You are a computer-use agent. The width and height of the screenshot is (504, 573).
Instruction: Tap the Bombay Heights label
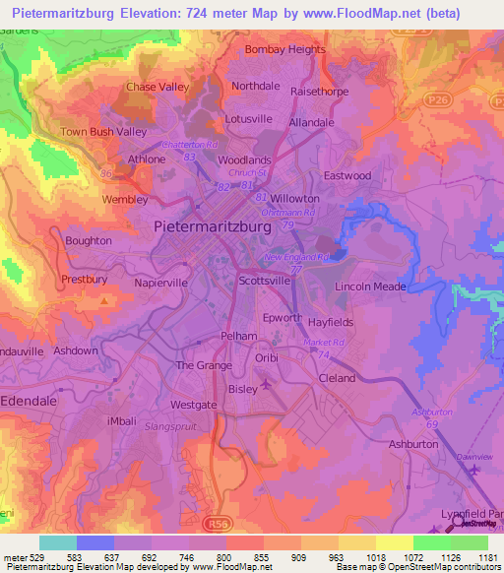284,49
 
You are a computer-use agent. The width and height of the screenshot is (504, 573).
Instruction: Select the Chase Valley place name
157,88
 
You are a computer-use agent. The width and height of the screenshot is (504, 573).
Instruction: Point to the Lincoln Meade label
371,286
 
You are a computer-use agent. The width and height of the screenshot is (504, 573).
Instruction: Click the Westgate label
193,405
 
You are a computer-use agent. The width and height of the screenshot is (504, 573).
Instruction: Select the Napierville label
160,282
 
